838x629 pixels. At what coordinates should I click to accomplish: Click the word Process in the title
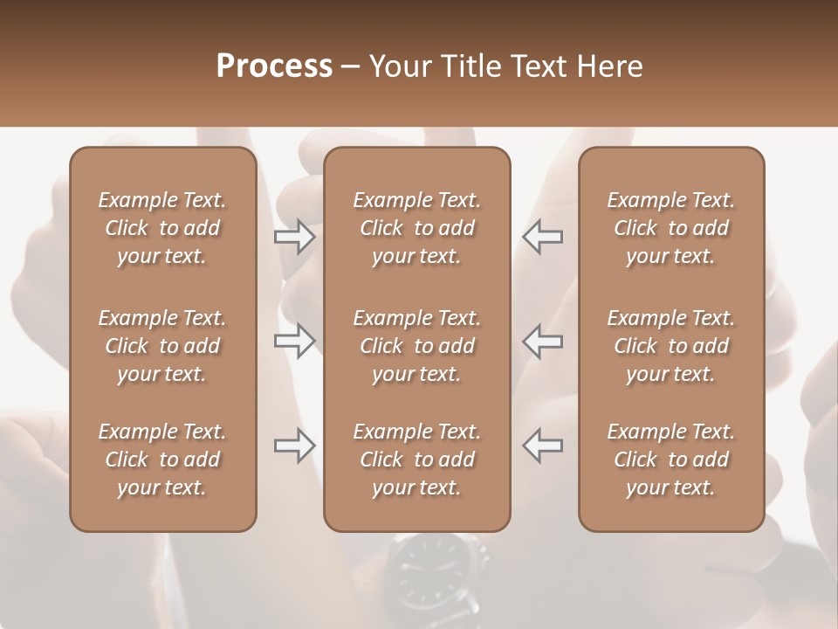pyautogui.click(x=274, y=66)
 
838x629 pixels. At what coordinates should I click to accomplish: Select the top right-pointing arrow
pyautogui.click(x=295, y=237)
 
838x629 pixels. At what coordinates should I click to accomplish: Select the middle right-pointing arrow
pyautogui.click(x=295, y=341)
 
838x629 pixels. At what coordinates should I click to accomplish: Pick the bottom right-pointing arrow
pyautogui.click(x=295, y=446)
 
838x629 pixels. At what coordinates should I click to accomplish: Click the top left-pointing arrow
pyautogui.click(x=542, y=237)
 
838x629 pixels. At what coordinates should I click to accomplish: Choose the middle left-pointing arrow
pyautogui.click(x=542, y=341)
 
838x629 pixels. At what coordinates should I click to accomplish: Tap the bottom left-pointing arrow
pyautogui.click(x=542, y=446)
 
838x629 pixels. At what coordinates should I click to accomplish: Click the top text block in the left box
pyautogui.click(x=162, y=228)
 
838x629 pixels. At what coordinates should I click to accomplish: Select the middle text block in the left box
pyautogui.click(x=162, y=346)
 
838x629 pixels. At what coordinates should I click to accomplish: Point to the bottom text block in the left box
pyautogui.click(x=162, y=460)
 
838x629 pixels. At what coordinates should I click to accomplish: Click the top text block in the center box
pyautogui.click(x=416, y=228)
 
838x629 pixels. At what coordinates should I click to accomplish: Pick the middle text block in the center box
pyautogui.click(x=416, y=346)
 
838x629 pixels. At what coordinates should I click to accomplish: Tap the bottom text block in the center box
pyautogui.click(x=416, y=460)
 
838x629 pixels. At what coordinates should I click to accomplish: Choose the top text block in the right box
pyautogui.click(x=671, y=228)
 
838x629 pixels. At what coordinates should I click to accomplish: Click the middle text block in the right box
pyautogui.click(x=671, y=346)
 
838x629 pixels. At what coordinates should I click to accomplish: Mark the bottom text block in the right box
pyautogui.click(x=671, y=460)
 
